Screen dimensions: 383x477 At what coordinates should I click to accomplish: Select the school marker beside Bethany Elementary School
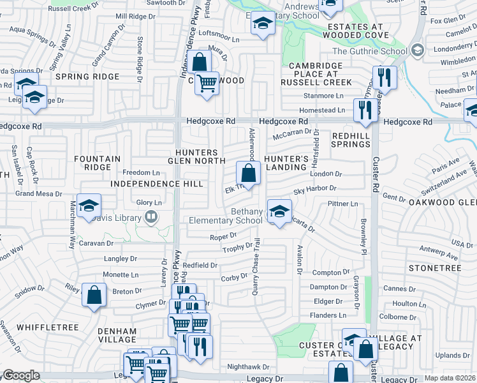click(x=279, y=211)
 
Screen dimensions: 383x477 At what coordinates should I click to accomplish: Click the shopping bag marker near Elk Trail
click(x=248, y=172)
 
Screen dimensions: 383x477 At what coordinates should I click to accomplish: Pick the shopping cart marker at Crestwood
click(x=207, y=83)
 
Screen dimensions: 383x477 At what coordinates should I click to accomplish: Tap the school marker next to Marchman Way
click(x=89, y=205)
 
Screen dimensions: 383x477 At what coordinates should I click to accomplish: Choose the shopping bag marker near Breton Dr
click(x=94, y=296)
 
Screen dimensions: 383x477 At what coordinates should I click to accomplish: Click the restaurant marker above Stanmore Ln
click(x=384, y=78)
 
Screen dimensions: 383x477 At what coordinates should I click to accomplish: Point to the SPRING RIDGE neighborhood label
click(x=87, y=77)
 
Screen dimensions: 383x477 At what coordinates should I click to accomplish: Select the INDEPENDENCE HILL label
click(x=156, y=184)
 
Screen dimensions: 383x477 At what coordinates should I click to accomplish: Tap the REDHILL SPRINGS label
click(x=351, y=140)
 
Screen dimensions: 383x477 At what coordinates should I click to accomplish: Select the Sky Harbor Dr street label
click(x=314, y=188)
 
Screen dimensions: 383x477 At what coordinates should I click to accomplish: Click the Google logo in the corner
click(x=21, y=376)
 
